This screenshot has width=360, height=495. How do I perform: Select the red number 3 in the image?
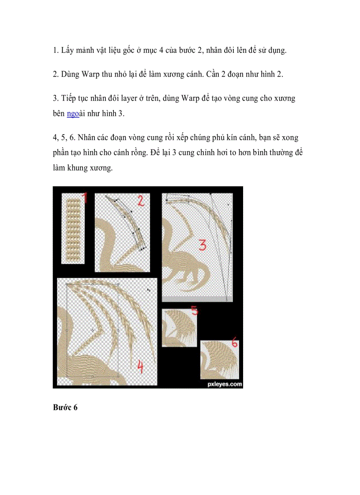pyautogui.click(x=202, y=245)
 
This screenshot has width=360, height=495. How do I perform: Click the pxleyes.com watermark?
pyautogui.click(x=225, y=384)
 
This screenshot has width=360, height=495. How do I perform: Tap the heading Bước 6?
pyautogui.click(x=65, y=408)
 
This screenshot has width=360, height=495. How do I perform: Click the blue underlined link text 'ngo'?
pyautogui.click(x=73, y=114)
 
